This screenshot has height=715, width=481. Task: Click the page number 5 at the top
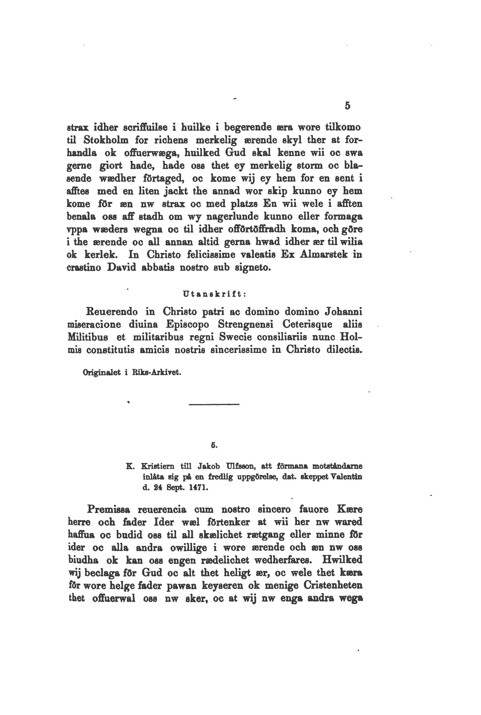pos(347,106)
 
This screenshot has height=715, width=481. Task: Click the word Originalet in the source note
pos(101,373)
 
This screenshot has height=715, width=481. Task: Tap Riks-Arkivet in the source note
pos(157,373)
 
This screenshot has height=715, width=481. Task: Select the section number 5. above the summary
pos(214,445)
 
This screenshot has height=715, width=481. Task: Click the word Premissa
pos(109,509)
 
